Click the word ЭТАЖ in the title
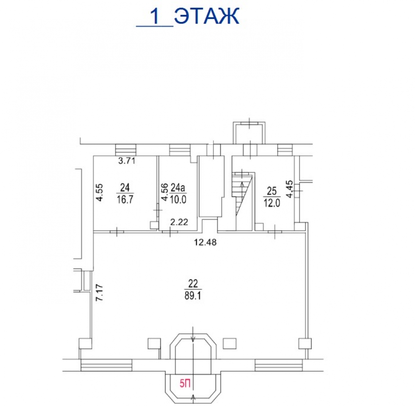point(207,16)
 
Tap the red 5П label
point(185,383)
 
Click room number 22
point(193,284)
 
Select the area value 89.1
point(193,296)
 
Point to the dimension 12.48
point(205,242)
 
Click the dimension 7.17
point(100,292)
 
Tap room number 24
point(125,188)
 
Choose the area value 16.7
point(125,199)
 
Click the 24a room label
point(178,188)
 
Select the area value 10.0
point(178,199)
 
